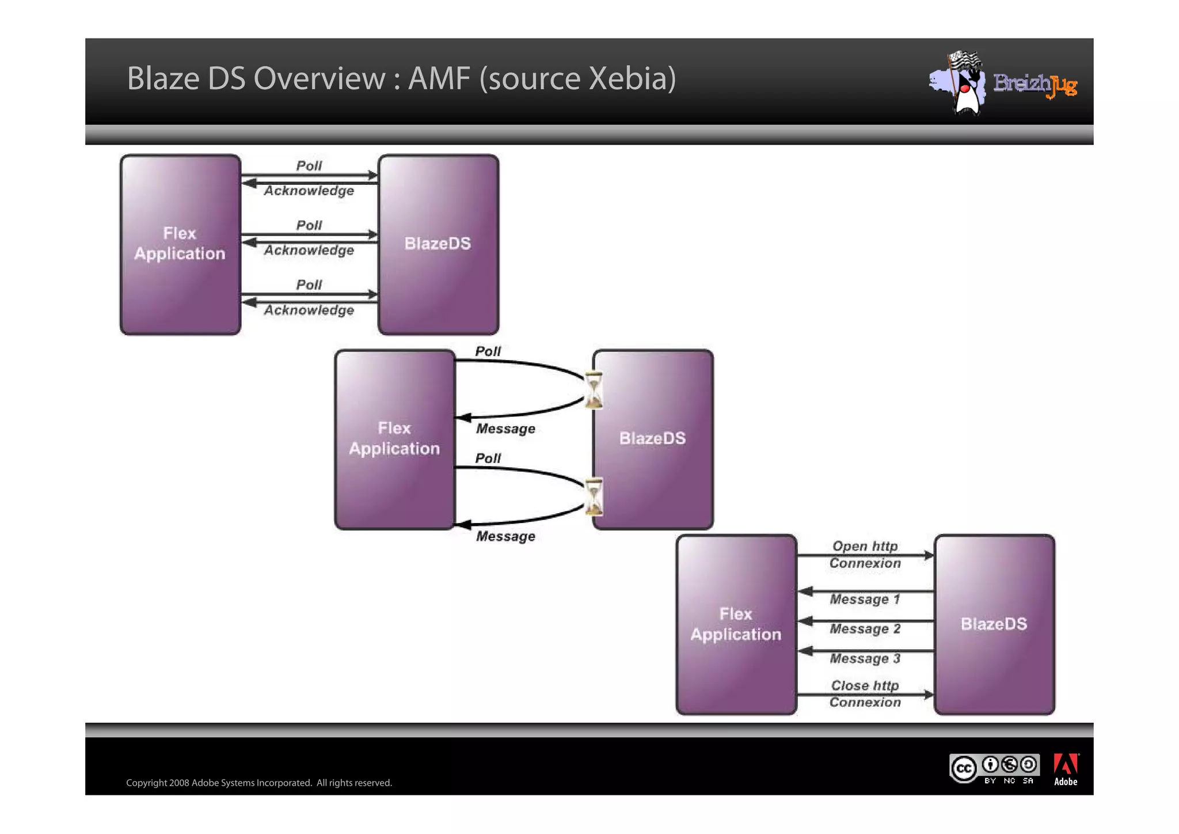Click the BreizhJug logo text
[x=1035, y=85]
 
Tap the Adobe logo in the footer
[x=1065, y=769]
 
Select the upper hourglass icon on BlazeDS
[x=594, y=390]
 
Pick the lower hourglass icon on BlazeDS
[x=594, y=496]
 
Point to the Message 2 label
[x=865, y=629]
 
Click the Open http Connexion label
[x=865, y=554]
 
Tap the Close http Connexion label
[x=865, y=693]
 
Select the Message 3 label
[x=865, y=658]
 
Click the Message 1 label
[x=865, y=600]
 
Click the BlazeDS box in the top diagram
[x=438, y=244]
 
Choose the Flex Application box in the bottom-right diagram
[x=736, y=624]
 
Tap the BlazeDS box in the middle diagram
[x=653, y=439]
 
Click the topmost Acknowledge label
[x=309, y=191]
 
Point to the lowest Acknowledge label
[x=309, y=310]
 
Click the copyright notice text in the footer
[x=259, y=783]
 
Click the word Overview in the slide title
[x=319, y=78]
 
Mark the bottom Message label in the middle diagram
[x=505, y=537]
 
